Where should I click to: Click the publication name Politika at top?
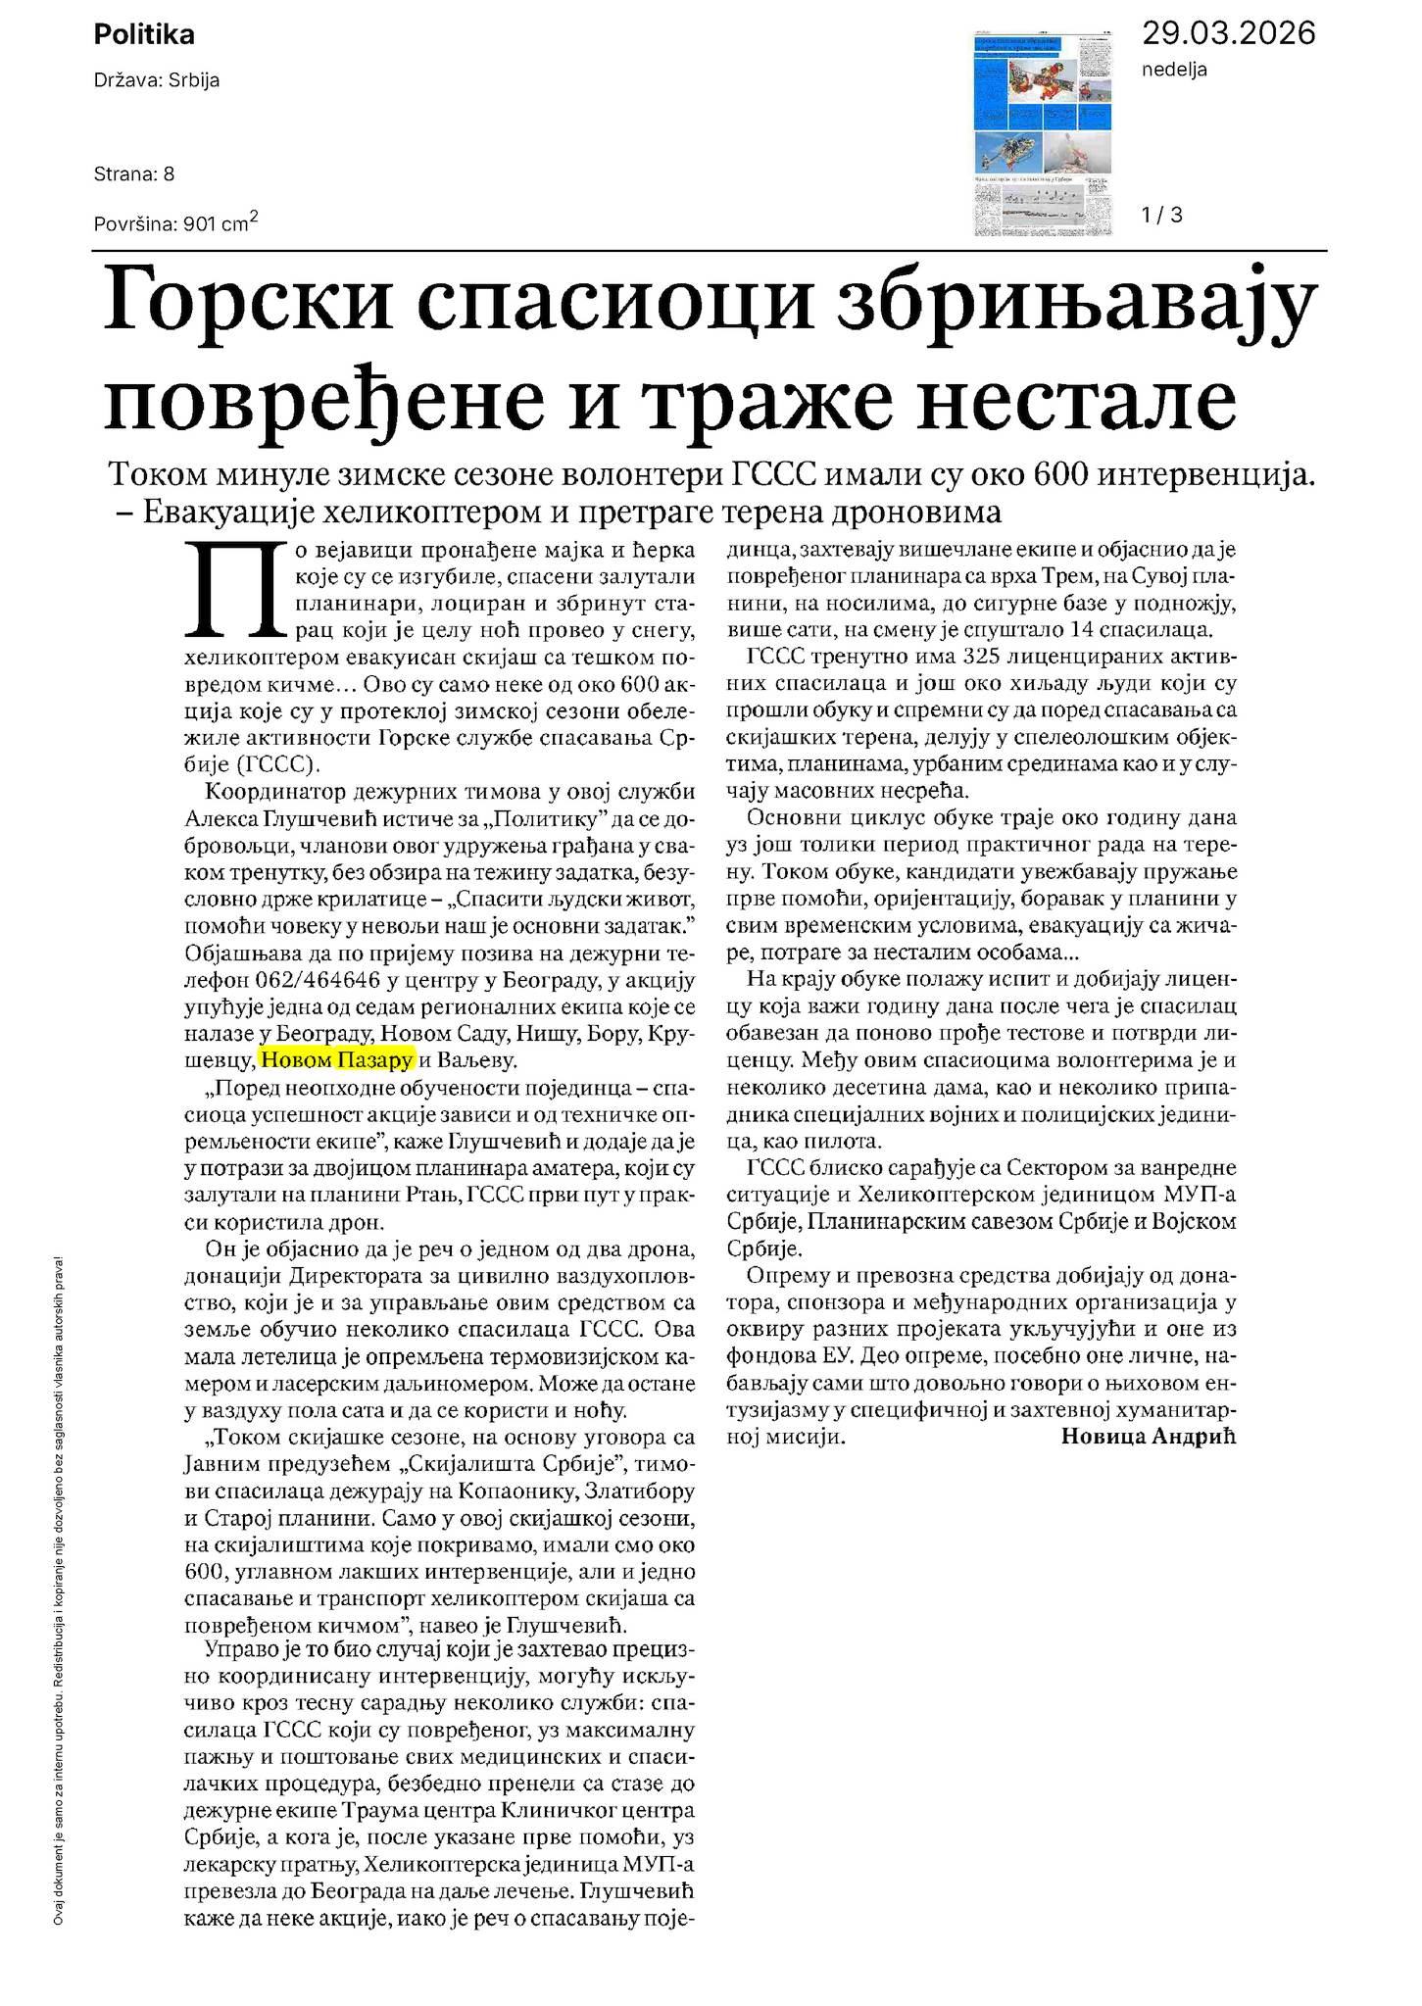tap(144, 35)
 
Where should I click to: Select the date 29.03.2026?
tap(1228, 33)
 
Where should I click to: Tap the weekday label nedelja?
tap(1174, 70)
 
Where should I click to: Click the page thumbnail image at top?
tap(1045, 134)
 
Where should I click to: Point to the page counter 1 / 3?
tap(1162, 215)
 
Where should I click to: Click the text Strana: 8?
tap(134, 174)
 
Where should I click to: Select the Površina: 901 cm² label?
tap(175, 223)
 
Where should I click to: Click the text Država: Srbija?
tap(156, 80)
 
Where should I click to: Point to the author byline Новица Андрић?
tap(1149, 1437)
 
